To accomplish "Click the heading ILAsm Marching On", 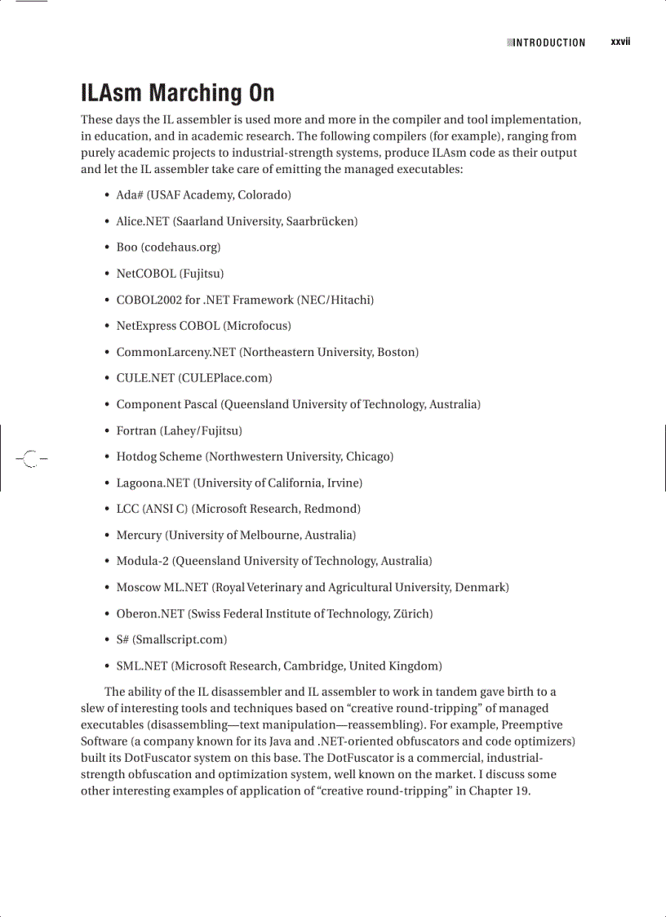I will click(x=177, y=93).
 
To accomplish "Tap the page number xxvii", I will click(x=620, y=42).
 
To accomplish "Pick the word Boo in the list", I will click(x=127, y=247).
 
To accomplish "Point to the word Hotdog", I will click(x=135, y=456).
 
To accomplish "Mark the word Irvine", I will click(x=344, y=483).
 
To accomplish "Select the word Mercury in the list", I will click(x=139, y=535).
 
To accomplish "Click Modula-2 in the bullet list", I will click(x=143, y=561).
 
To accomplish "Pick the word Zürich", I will click(x=411, y=613).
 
